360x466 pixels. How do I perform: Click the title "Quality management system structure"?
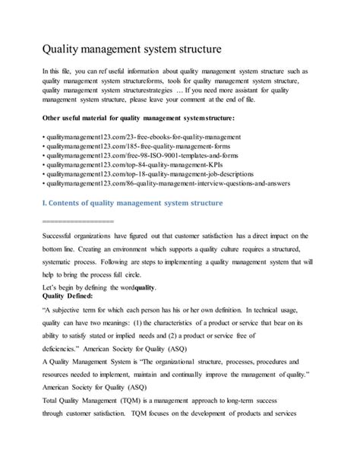point(131,49)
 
